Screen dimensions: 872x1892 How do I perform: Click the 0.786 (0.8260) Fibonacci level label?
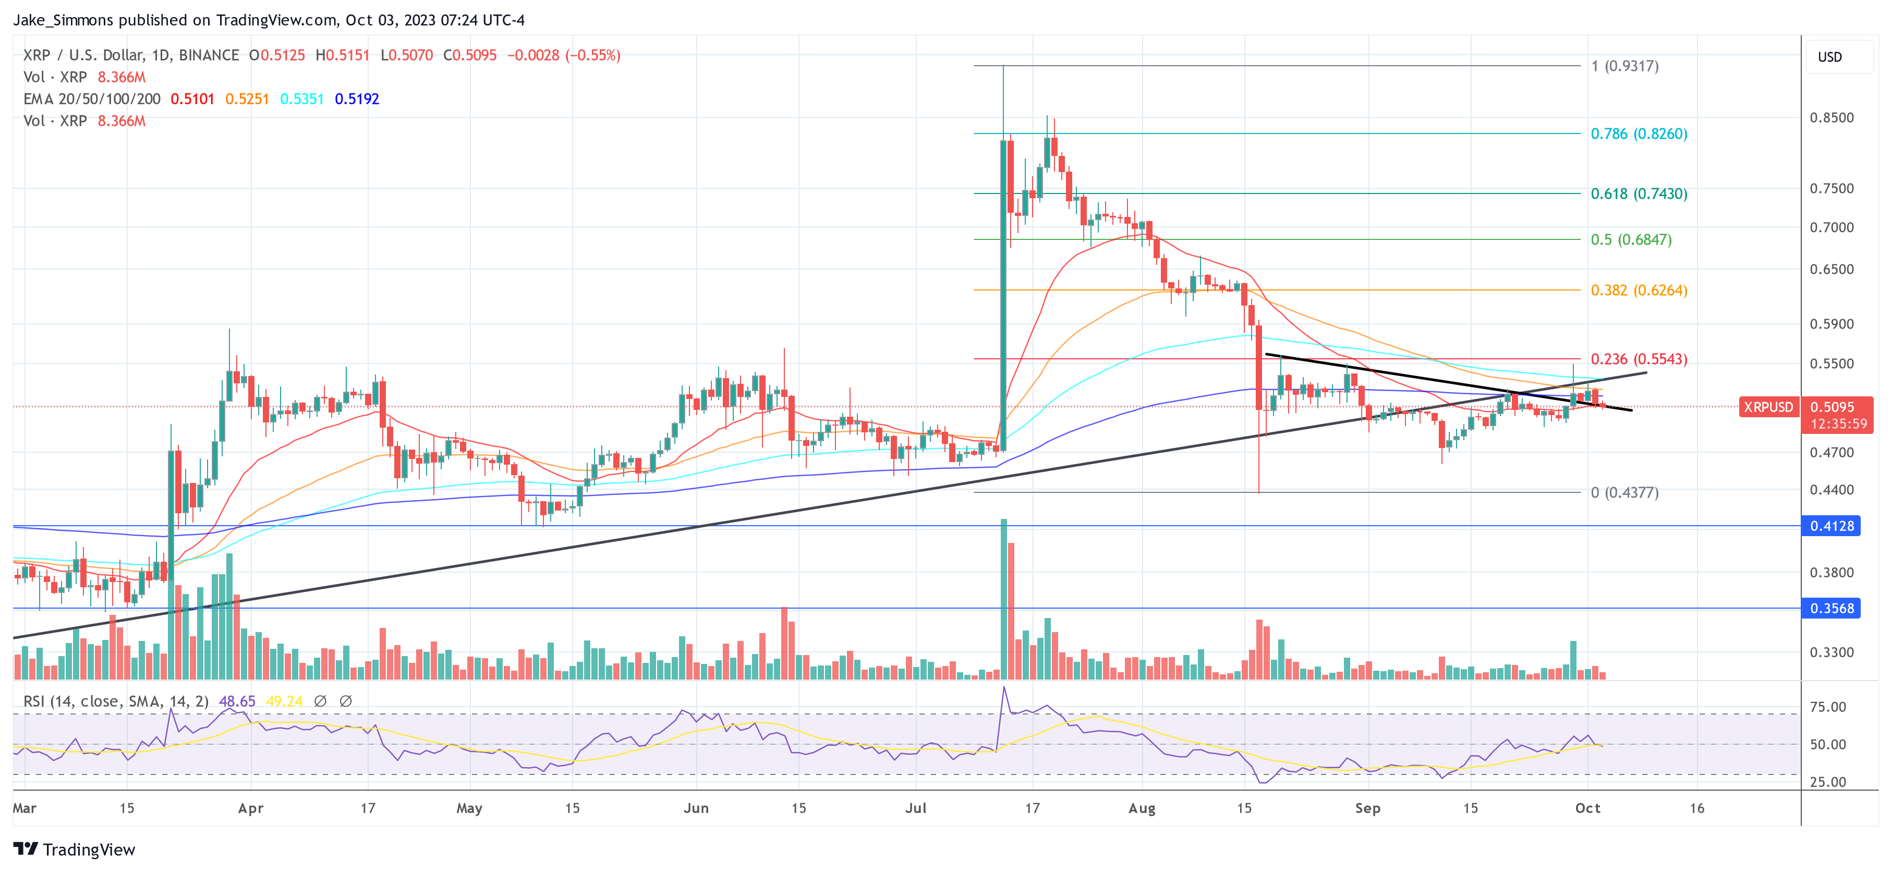1639,134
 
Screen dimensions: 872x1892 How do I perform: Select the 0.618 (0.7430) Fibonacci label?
1639,194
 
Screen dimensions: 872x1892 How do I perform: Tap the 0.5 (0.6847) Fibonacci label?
1631,239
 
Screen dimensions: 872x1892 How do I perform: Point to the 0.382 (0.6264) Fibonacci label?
1639,290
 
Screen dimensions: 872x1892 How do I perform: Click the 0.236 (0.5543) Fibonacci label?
1639,359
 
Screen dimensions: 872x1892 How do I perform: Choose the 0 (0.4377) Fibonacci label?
1624,492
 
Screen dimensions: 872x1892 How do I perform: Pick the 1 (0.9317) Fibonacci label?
1624,66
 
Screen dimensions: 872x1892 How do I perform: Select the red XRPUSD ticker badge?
1768,407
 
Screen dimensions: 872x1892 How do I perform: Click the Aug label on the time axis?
1142,808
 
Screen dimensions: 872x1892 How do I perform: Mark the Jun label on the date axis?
696,808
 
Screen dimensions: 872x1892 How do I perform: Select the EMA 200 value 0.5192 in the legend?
357,99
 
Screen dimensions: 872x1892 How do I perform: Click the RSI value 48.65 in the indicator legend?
237,701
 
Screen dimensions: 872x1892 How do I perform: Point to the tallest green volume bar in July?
1003,599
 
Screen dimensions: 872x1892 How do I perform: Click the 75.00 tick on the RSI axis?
1827,707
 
